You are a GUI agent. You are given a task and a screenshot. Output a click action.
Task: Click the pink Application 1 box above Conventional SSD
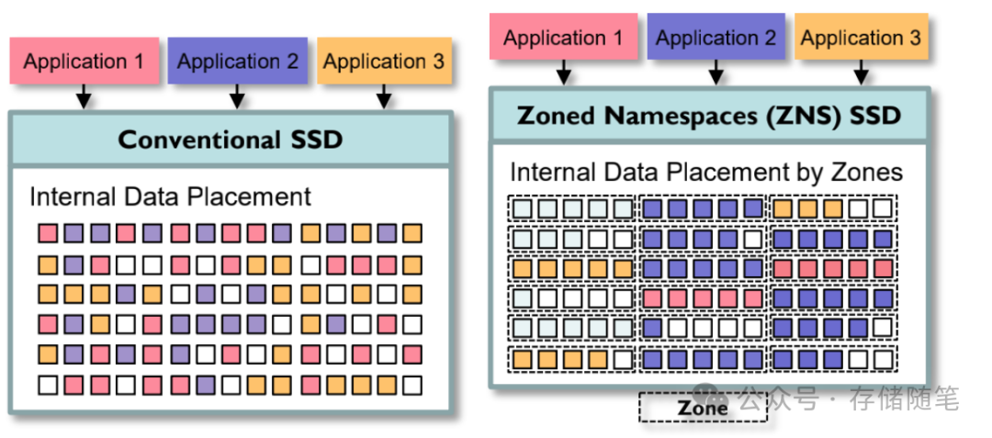(84, 62)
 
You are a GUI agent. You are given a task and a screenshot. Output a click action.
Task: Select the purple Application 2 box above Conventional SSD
(237, 62)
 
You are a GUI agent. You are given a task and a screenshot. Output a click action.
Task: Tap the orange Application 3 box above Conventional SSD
(384, 62)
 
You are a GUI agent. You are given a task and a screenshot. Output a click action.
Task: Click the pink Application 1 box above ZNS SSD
(563, 38)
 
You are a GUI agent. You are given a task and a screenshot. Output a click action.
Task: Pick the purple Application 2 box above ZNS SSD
(716, 38)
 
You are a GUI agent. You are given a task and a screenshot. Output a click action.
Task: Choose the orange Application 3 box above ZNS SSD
(860, 38)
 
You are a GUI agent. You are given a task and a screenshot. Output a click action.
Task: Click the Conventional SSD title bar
(231, 140)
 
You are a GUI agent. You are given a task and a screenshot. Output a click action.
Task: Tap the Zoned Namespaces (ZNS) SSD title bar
(708, 117)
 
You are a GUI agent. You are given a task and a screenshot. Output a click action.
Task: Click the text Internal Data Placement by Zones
(706, 172)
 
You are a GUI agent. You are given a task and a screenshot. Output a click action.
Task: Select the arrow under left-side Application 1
(84, 95)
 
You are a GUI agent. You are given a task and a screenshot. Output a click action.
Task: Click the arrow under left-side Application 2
(237, 95)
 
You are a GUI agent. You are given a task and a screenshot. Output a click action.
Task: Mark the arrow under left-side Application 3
(384, 95)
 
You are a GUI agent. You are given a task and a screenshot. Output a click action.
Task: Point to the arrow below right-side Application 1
(563, 72)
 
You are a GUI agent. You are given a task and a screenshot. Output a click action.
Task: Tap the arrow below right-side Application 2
(716, 72)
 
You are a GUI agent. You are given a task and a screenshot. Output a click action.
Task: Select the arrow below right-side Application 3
(860, 72)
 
